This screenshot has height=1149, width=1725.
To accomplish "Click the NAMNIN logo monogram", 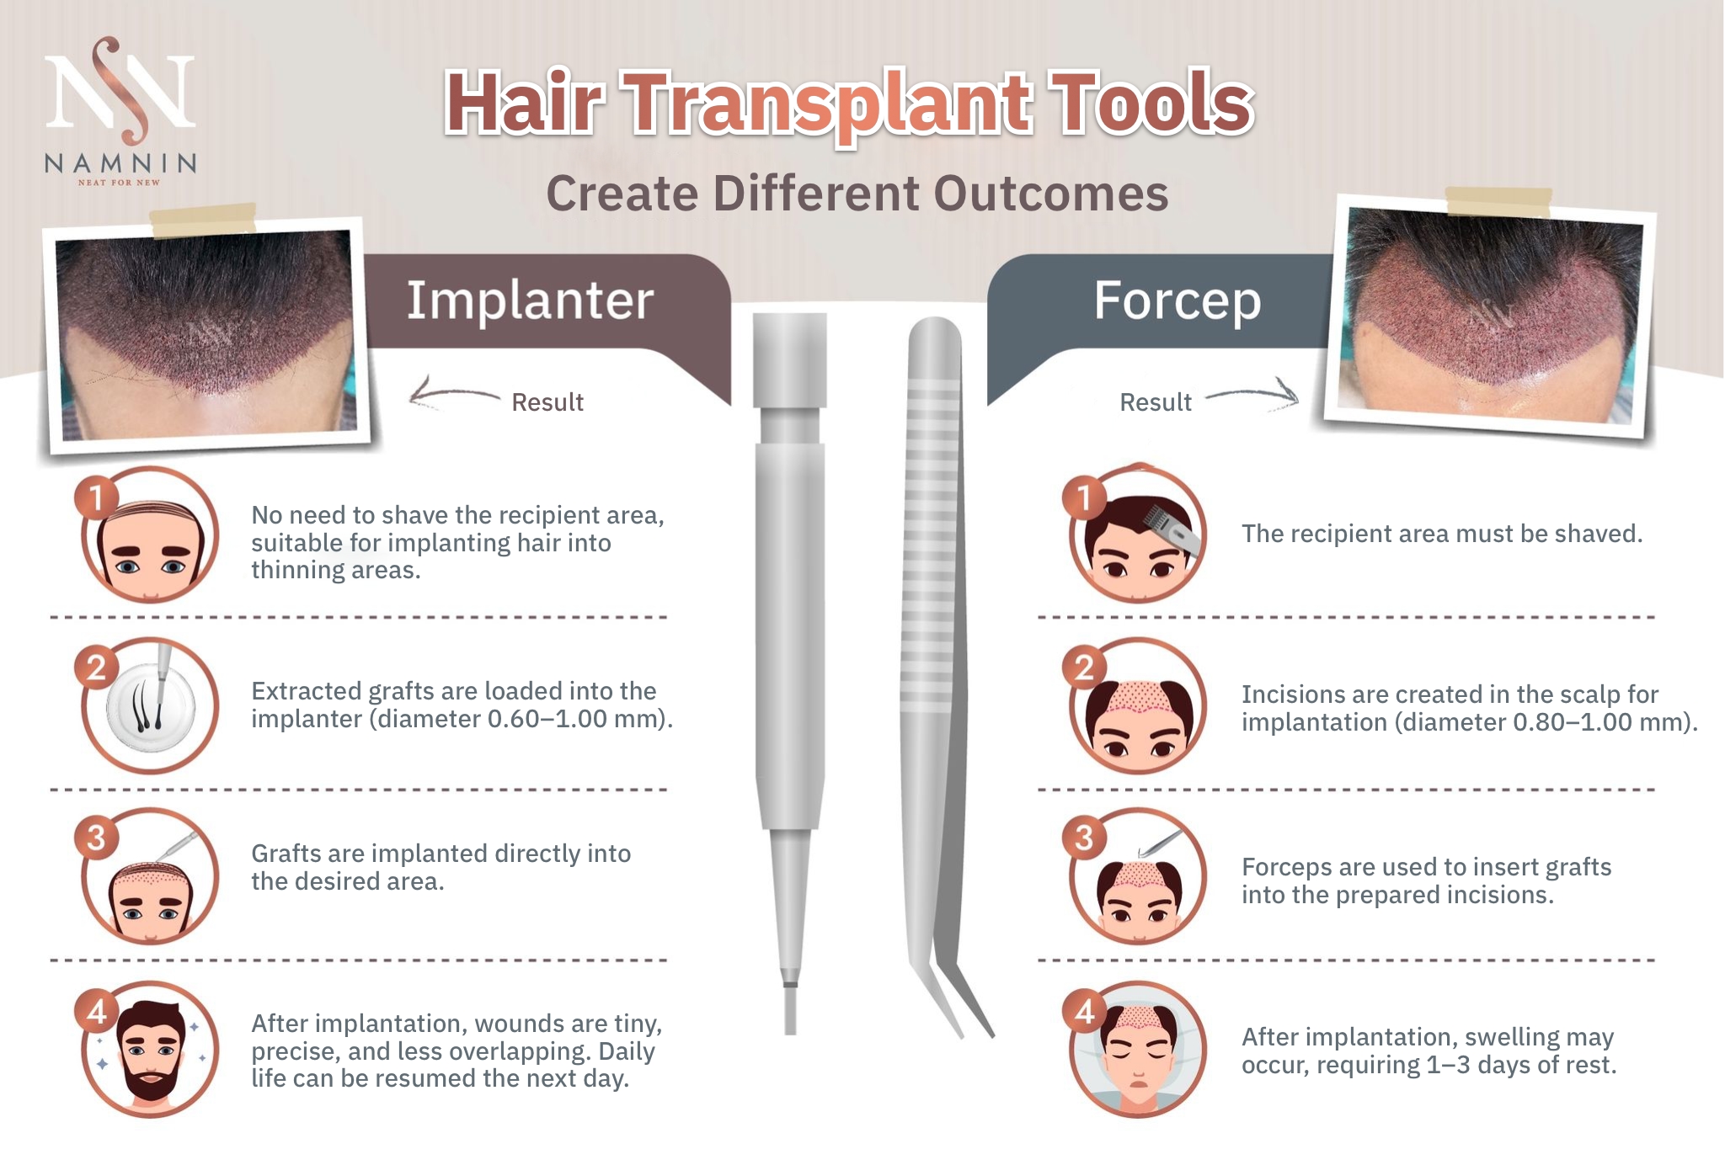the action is tap(120, 90).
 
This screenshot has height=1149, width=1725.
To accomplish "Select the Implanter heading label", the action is tap(530, 300).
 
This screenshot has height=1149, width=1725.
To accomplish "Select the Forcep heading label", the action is tap(1178, 301).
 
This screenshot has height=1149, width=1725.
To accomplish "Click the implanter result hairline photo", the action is tap(207, 334).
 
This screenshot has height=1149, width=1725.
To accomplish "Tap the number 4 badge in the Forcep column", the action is tap(1084, 1012).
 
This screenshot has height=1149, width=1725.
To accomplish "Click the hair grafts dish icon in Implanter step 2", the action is tap(151, 705).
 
